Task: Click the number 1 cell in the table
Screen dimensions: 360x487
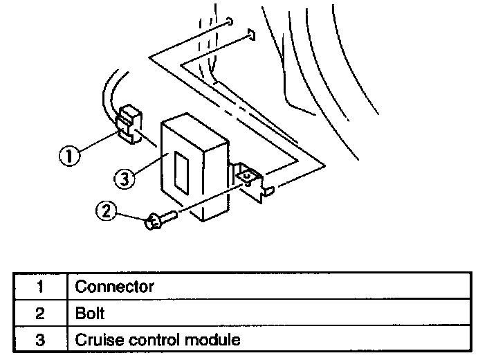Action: tap(39, 286)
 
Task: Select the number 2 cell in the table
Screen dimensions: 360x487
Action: tap(39, 313)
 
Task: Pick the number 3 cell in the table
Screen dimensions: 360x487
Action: tap(39, 340)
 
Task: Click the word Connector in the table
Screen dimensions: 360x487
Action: tap(114, 286)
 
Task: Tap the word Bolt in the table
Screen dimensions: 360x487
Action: tap(90, 313)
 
